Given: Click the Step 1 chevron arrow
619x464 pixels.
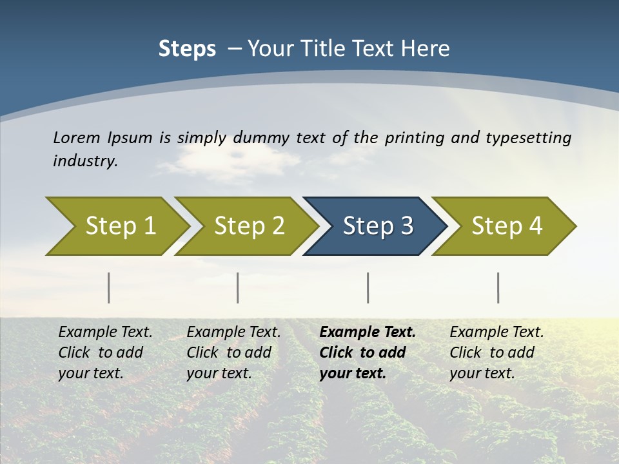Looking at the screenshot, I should point(120,226).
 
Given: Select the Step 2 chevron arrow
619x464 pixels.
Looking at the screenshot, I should point(249,226).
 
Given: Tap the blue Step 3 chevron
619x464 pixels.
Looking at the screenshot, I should point(377,226).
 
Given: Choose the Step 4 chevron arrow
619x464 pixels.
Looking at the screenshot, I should point(506,226).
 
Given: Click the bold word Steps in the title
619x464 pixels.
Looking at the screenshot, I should point(187,49).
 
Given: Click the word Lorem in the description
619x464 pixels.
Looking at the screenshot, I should point(76,137).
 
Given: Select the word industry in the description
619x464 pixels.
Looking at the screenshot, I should point(85,160).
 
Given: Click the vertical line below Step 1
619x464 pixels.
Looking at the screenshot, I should point(109,287).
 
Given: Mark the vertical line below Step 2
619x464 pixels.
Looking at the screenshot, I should point(238,287).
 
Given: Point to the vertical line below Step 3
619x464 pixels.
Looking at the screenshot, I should point(368,287).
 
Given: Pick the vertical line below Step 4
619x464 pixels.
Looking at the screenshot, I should point(498,287).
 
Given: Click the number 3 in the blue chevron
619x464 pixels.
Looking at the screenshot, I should point(406,226).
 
